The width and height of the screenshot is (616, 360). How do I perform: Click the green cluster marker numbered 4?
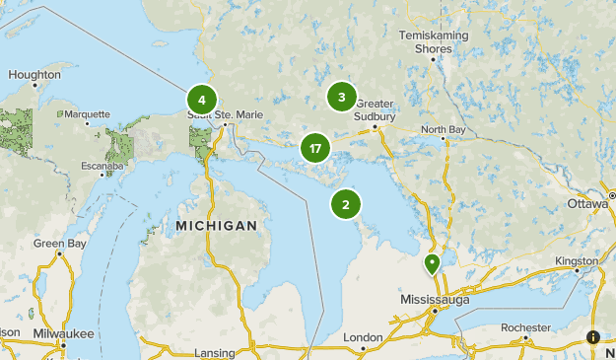[201, 100]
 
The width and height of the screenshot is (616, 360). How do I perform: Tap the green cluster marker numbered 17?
[314, 149]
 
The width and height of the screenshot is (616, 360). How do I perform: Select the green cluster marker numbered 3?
[341, 97]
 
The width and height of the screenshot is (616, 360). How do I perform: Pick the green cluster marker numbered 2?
[346, 204]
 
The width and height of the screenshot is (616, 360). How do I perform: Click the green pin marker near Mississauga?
[432, 263]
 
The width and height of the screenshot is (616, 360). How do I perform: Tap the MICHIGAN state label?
[216, 226]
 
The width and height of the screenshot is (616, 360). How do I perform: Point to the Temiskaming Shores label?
[434, 41]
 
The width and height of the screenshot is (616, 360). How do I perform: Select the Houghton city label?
[34, 74]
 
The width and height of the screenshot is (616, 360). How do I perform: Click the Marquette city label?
[87, 114]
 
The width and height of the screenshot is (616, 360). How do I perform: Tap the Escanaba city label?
[102, 166]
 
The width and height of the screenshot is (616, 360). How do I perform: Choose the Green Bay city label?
[60, 243]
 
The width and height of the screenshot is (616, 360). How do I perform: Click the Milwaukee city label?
[62, 333]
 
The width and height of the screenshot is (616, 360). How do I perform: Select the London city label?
[363, 336]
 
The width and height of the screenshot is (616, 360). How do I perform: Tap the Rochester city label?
[525, 326]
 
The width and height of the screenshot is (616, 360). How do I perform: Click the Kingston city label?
[577, 260]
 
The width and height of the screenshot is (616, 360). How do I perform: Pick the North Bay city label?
[444, 129]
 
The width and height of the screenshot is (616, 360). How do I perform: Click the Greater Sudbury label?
[376, 109]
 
